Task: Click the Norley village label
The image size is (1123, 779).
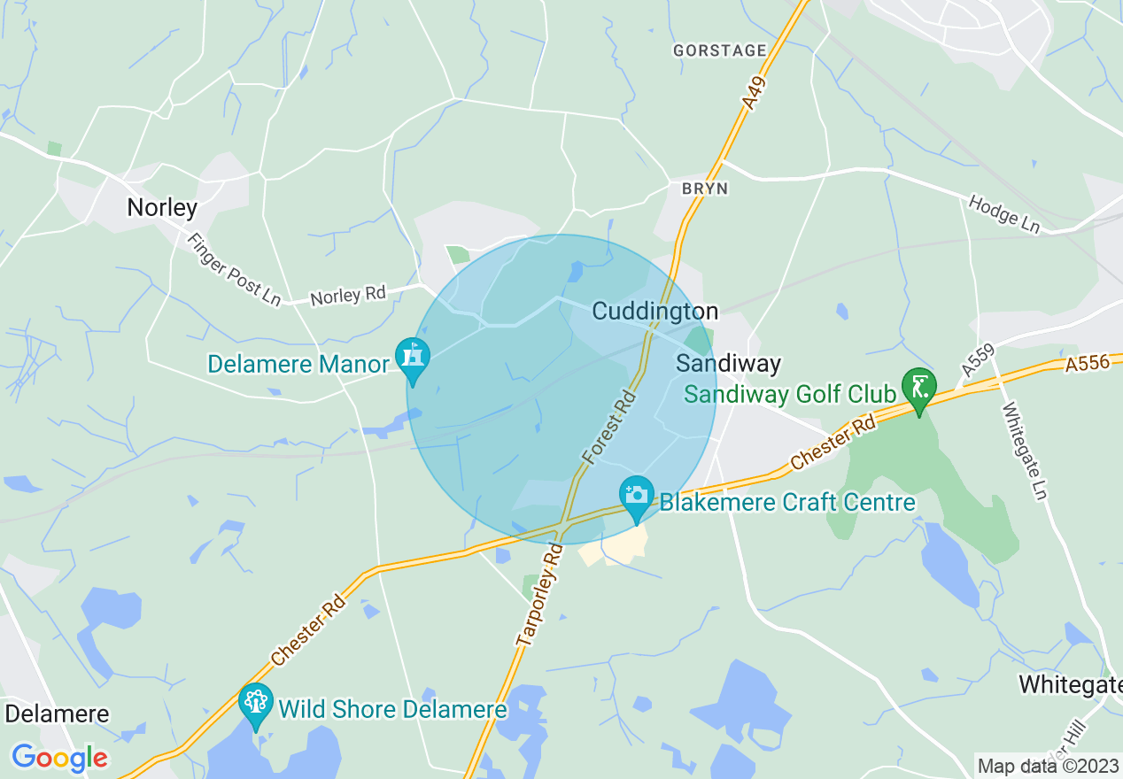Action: pos(162,208)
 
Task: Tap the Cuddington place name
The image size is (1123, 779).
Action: pos(654,311)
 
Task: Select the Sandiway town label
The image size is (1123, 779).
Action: pos(728,363)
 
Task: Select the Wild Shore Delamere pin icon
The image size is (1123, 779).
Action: pos(256,704)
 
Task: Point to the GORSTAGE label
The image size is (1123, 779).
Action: pos(719,50)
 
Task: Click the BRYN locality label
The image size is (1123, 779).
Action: pos(705,189)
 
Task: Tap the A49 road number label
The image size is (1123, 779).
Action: pos(755,94)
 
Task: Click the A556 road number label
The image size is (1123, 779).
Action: pos(1087,363)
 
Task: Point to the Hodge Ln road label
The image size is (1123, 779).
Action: pos(1003,213)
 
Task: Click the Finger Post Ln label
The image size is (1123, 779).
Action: pos(234,268)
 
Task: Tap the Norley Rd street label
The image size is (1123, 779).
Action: pos(349,295)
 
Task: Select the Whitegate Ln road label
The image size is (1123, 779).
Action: pos(1025,451)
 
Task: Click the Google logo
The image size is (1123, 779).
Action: pos(59,757)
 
